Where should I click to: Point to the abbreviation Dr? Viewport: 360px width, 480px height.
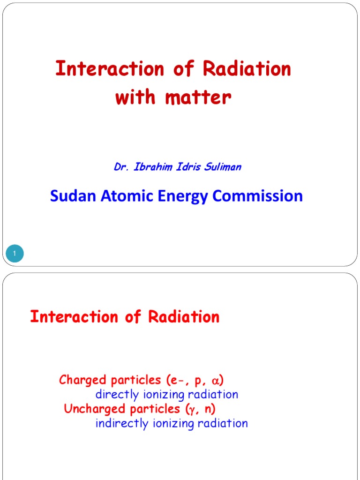[121, 167]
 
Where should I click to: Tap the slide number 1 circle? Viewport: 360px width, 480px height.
[15, 254]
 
